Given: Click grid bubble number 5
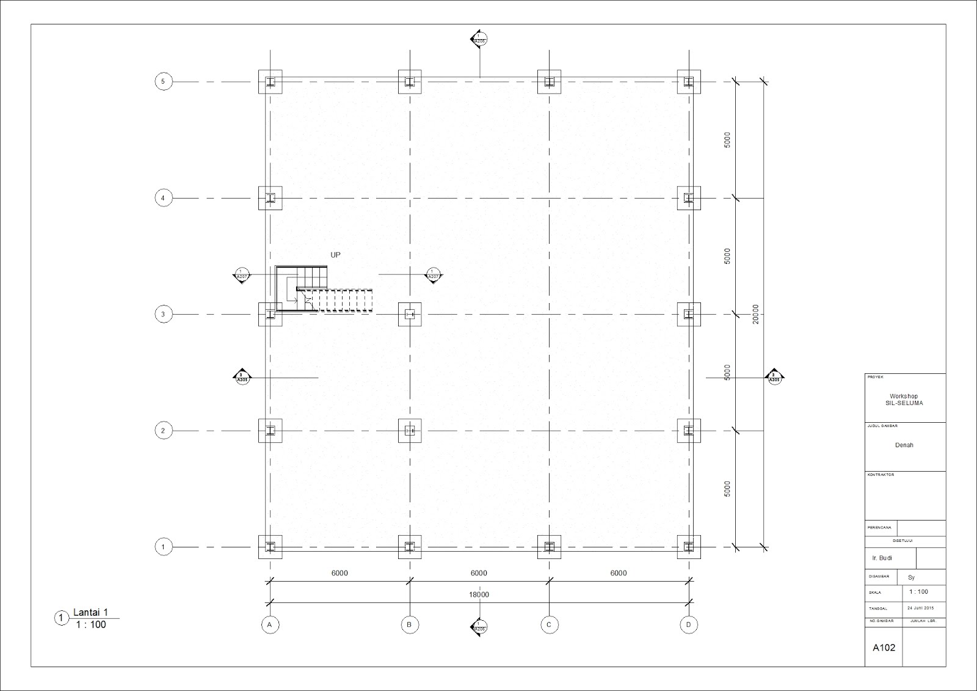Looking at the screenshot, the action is click(163, 81).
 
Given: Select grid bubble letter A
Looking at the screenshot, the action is click(269, 624).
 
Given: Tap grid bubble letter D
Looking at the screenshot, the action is click(689, 624).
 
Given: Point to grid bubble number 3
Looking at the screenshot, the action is click(163, 315).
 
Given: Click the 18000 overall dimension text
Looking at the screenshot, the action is click(479, 594).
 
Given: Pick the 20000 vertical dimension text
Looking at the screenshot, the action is click(756, 314).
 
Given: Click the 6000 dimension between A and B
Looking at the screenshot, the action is click(340, 573).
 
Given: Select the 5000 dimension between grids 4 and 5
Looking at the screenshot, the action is click(727, 140).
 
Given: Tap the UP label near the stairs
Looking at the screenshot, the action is click(335, 255).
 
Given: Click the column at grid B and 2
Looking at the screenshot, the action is click(410, 431).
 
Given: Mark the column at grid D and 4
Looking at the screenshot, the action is click(689, 198).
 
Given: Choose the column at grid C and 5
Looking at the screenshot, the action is click(549, 82).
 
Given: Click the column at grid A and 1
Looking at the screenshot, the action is click(270, 547).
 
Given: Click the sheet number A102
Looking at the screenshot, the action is click(884, 648).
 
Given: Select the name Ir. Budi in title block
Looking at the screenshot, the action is click(882, 558).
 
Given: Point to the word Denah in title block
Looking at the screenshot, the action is click(904, 445).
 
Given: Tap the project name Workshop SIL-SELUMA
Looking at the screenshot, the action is click(904, 400).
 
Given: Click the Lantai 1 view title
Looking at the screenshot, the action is click(90, 613).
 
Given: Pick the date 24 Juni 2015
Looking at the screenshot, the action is click(921, 608).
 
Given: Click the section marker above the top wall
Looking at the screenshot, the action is click(479, 40).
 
